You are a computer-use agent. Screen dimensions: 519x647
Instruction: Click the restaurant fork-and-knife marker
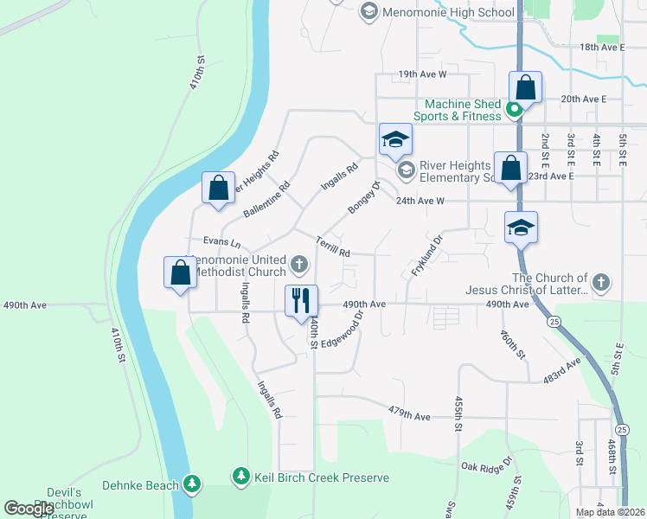tap(301, 301)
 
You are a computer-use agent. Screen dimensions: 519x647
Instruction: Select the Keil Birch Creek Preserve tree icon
tap(241, 477)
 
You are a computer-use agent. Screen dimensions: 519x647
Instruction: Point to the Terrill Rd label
tap(332, 247)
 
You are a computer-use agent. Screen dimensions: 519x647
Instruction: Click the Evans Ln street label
tap(221, 241)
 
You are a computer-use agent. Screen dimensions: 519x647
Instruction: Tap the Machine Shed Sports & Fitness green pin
tap(513, 110)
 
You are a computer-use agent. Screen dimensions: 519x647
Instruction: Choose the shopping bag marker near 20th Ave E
tap(525, 87)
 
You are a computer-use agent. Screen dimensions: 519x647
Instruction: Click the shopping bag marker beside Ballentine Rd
tap(219, 188)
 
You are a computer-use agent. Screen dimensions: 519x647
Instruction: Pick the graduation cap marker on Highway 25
tap(521, 227)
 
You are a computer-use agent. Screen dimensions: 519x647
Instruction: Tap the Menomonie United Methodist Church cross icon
tap(299, 264)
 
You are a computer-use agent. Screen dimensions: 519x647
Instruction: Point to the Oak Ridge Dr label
tap(483, 467)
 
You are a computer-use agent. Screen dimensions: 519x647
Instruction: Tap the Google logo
tap(29, 508)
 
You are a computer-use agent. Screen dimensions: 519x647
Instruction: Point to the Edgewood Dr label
tap(344, 331)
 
